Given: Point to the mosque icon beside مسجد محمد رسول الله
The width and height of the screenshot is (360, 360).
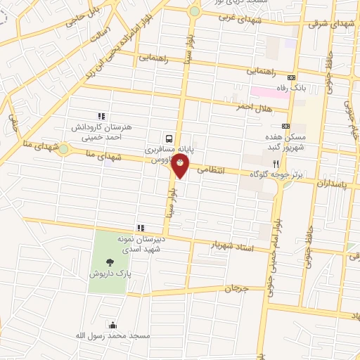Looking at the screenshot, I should [x=112, y=324].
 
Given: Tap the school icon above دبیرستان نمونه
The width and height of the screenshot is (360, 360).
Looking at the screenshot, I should [x=141, y=228].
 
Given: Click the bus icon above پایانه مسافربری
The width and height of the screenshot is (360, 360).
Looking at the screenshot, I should [x=169, y=139].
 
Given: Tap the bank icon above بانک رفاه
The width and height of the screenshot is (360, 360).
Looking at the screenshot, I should [x=293, y=77].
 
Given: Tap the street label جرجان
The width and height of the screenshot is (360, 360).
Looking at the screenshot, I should [x=238, y=288].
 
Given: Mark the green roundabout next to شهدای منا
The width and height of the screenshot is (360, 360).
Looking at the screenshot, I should [x=64, y=149].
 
